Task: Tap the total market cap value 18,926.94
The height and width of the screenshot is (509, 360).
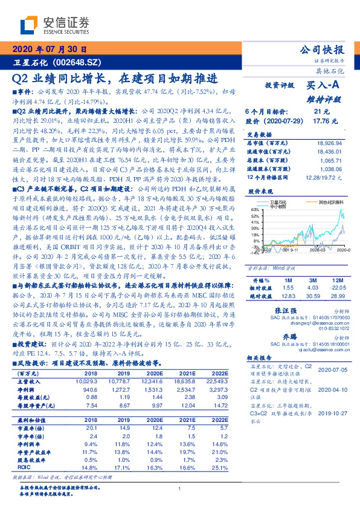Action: click(329, 143)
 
